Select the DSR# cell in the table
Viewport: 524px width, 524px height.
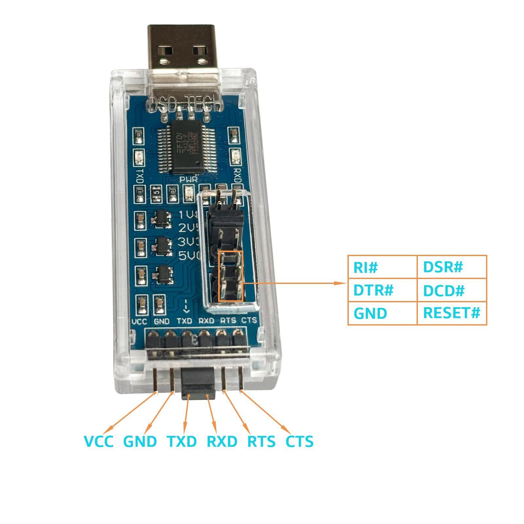(x=443, y=267)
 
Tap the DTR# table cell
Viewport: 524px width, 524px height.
(x=373, y=290)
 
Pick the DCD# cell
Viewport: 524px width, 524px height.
(x=444, y=290)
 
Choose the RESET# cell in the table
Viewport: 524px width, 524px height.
(x=452, y=313)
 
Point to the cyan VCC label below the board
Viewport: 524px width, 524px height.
(x=99, y=441)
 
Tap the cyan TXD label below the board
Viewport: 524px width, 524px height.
(x=182, y=441)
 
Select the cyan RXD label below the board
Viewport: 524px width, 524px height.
(x=222, y=441)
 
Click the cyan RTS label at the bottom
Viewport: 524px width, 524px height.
(x=261, y=441)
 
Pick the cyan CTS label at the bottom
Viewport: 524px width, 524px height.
(x=300, y=441)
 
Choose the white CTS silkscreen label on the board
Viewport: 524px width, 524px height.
(x=249, y=321)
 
